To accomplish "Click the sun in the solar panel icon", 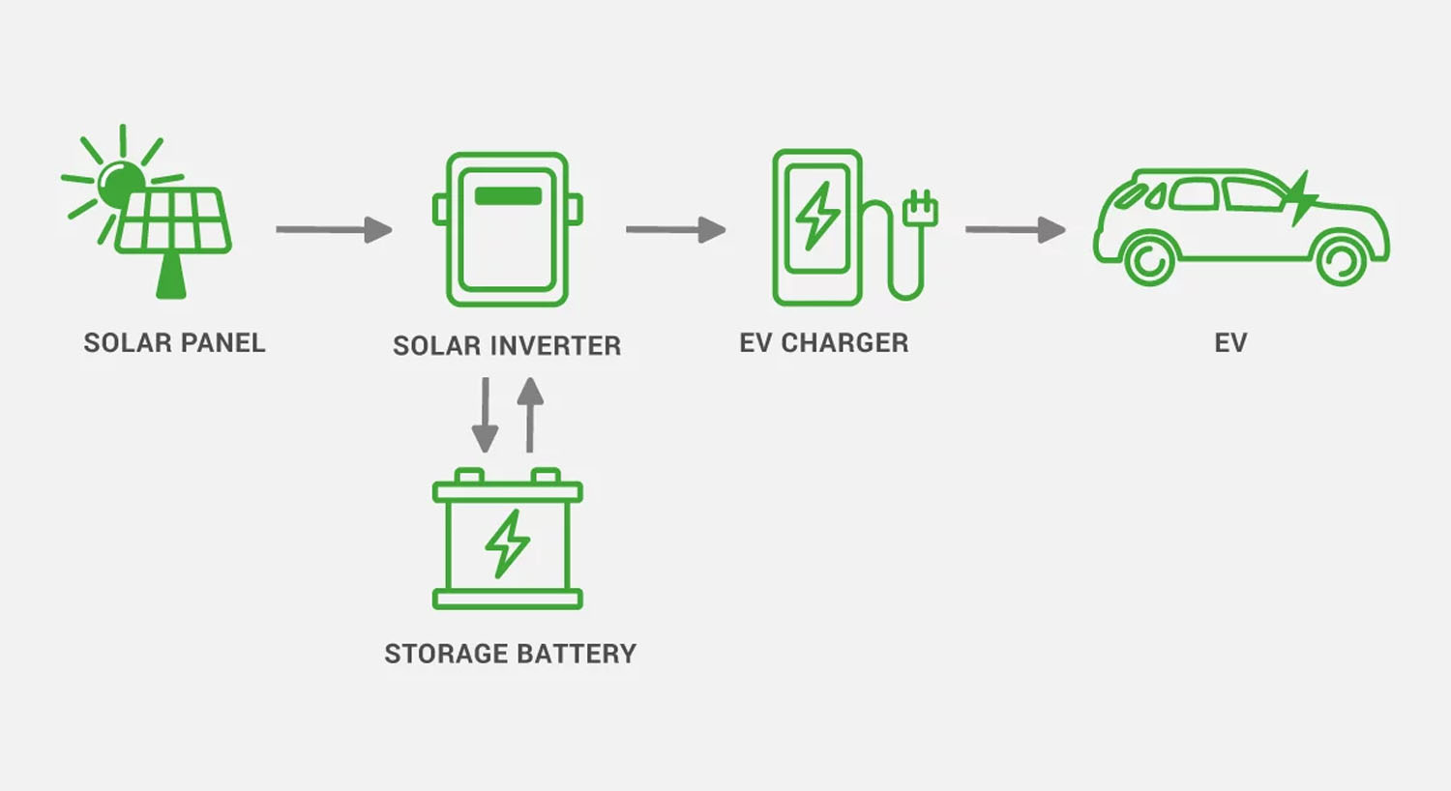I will point(121,183).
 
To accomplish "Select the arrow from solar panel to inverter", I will point(334,230).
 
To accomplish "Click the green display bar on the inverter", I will point(508,195).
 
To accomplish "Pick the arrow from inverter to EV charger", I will point(675,230).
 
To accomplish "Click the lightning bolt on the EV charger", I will point(817,215).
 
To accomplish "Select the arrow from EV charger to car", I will point(1015,230).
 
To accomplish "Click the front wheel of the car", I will point(1342,258).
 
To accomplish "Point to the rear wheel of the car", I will point(1149,258).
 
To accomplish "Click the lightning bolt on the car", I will point(1301,198).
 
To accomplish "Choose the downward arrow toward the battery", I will point(485,416).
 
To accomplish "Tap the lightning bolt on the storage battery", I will point(508,543).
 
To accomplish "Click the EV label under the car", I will point(1230,343).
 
